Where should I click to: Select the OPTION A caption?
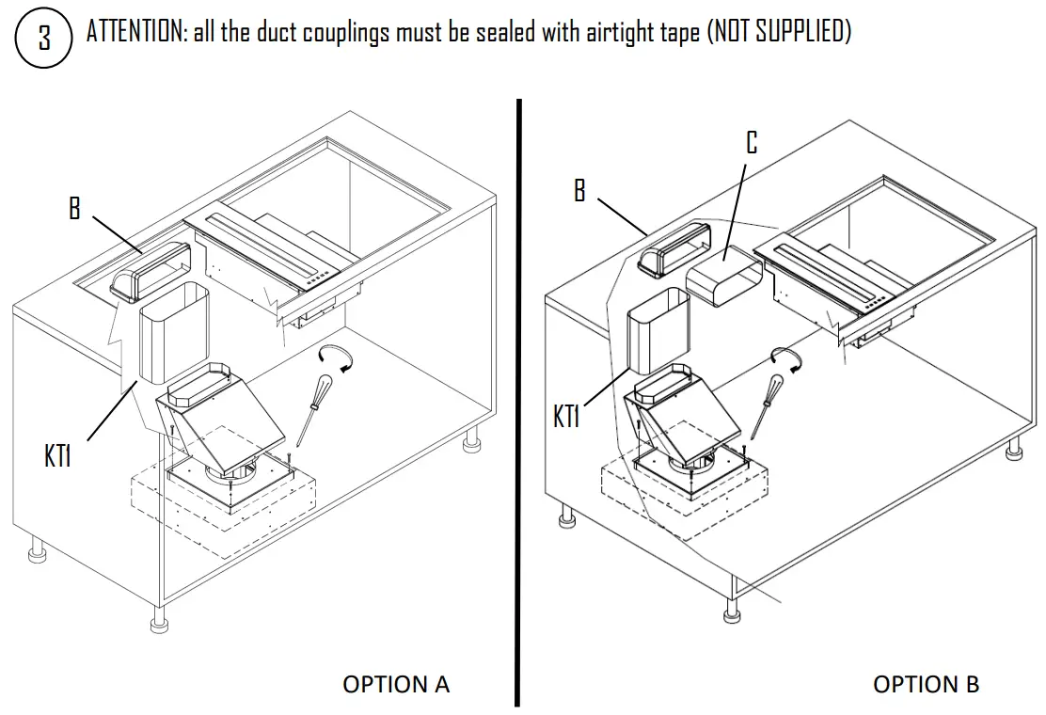click(396, 684)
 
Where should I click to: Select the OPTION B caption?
click(926, 684)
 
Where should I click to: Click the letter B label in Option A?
click(75, 208)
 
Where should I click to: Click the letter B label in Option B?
click(579, 190)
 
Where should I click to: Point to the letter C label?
click(751, 143)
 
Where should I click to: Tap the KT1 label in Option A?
click(58, 457)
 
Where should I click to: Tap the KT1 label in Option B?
click(566, 417)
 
